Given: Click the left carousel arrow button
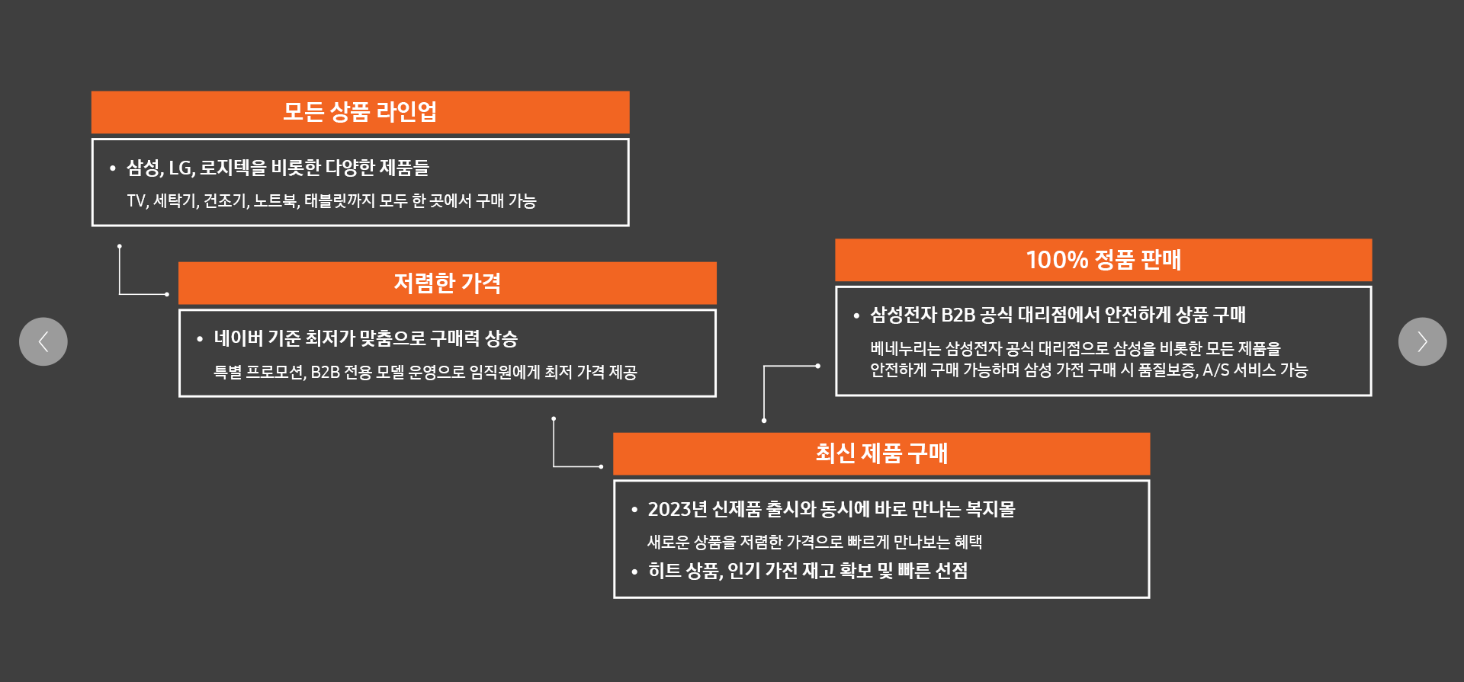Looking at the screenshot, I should (43, 341).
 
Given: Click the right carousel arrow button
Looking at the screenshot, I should (1422, 341).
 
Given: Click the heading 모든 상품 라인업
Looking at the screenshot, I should (360, 112).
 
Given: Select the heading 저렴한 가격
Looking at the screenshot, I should (447, 283).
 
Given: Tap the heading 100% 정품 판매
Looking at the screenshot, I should (1103, 260).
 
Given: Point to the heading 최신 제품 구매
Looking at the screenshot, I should (881, 453).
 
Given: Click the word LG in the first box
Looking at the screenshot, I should (181, 168).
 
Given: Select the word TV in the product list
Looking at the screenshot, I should (136, 201).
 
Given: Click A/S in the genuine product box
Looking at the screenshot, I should (1215, 370).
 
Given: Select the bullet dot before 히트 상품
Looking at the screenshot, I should (634, 572).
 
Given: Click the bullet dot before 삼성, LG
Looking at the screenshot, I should (113, 168).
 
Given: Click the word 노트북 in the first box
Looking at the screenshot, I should (275, 201).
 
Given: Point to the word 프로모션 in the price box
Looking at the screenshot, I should (275, 373).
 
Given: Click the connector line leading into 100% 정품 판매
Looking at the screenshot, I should (789, 367).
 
